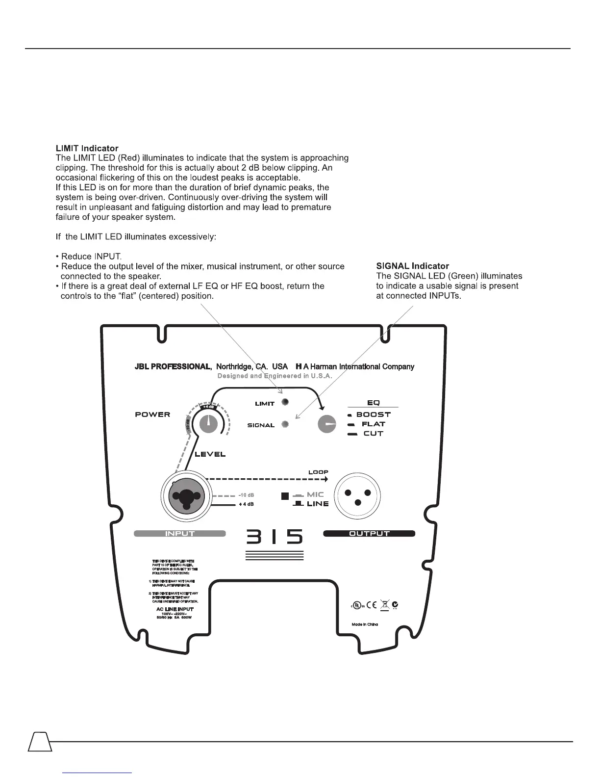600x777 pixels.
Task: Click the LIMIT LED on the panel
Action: pyautogui.click(x=285, y=402)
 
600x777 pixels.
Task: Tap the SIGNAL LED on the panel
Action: pyautogui.click(x=285, y=424)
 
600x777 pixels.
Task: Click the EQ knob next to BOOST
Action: pyautogui.click(x=327, y=424)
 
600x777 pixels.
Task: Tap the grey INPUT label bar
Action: pyautogui.click(x=180, y=534)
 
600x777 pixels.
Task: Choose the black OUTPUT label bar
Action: pyautogui.click(x=369, y=534)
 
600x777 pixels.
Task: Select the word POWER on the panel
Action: pyautogui.click(x=152, y=414)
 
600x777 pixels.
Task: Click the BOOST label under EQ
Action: pyautogui.click(x=373, y=414)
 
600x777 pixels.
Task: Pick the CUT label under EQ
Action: pyautogui.click(x=373, y=434)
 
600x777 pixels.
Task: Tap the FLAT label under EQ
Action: pyautogui.click(x=373, y=424)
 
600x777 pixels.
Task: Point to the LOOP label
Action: pyautogui.click(x=318, y=472)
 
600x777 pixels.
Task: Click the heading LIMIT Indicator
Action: pyautogui.click(x=87, y=148)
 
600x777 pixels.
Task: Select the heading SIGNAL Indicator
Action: pyautogui.click(x=412, y=266)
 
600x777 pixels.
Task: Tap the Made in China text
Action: pyautogui.click(x=365, y=624)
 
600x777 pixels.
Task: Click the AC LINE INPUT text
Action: pyautogui.click(x=175, y=609)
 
